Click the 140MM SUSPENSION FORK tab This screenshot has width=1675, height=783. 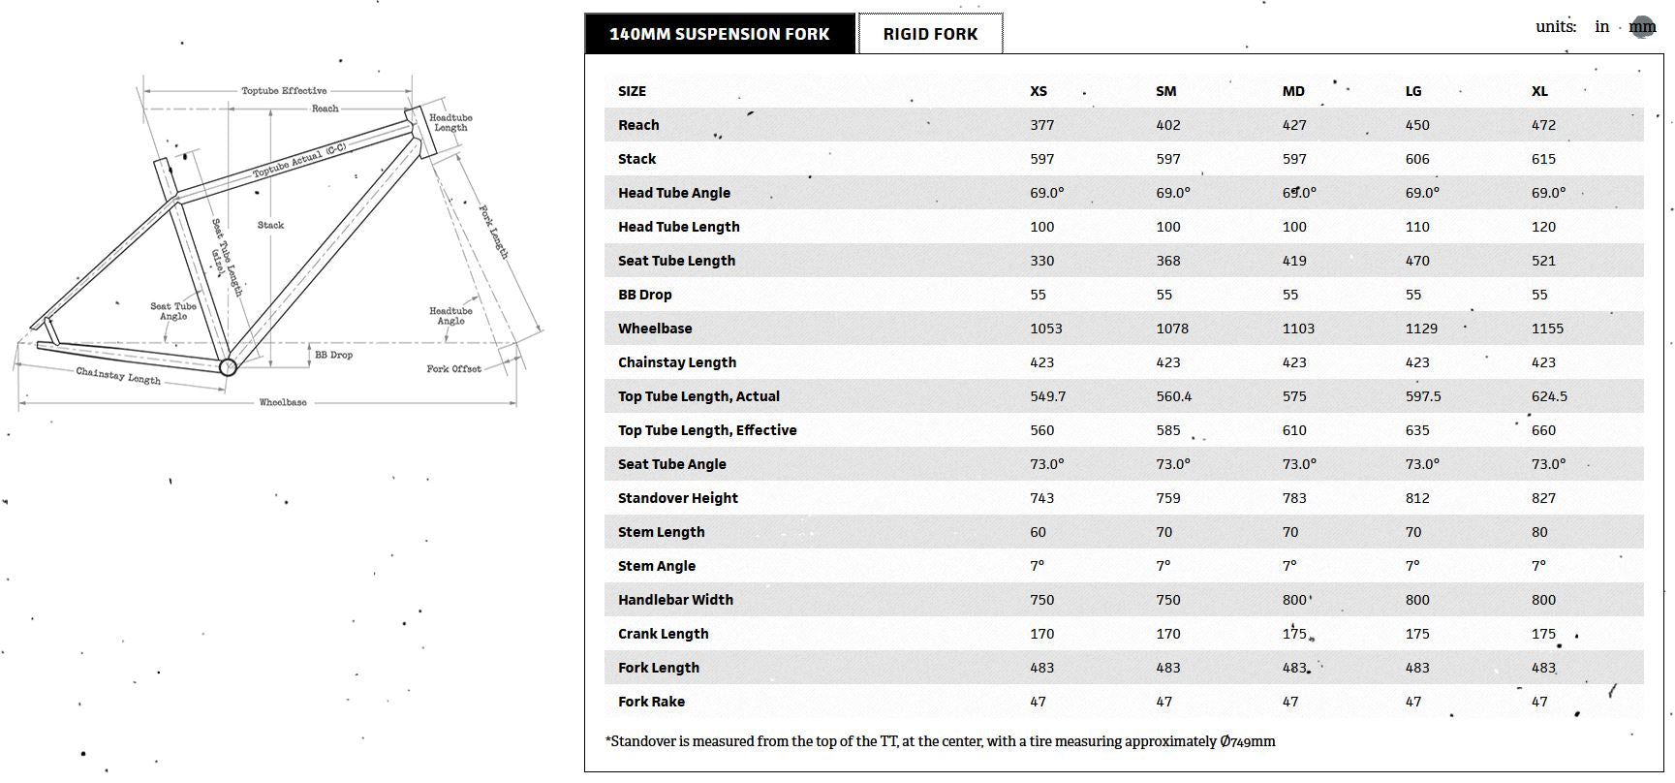[719, 34]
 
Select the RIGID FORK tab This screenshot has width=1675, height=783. [930, 34]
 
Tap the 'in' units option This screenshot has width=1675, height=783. [1601, 27]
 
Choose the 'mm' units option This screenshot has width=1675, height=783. [1642, 27]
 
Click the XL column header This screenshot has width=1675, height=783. [1539, 91]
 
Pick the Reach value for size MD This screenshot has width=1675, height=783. [1294, 125]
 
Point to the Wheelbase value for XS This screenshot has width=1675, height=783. [1045, 329]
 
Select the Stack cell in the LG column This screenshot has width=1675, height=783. [1417, 159]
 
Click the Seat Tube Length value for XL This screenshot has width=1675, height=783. [1543, 261]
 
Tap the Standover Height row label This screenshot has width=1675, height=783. [677, 498]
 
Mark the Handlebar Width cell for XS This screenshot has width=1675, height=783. [1041, 600]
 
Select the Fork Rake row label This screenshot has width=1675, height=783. [651, 702]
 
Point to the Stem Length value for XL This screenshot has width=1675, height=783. [1539, 532]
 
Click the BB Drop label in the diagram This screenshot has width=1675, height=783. [333, 356]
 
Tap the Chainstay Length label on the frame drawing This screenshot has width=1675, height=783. [118, 376]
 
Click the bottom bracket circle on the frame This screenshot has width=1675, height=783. [228, 367]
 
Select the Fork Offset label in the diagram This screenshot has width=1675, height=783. [453, 369]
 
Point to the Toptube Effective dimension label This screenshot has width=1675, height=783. [284, 91]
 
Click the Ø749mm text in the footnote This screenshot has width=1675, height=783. [1248, 741]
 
